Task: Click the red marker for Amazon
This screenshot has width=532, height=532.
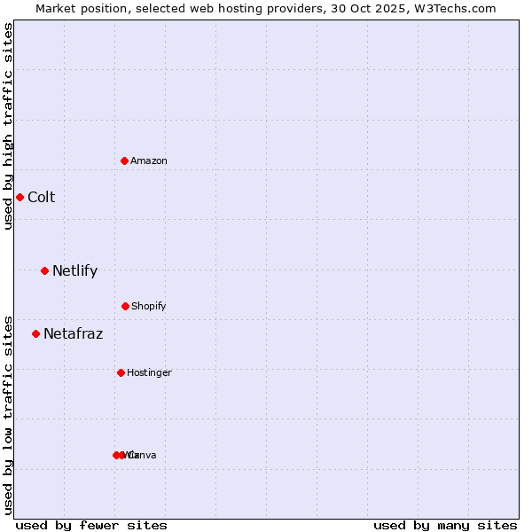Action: pyautogui.click(x=125, y=160)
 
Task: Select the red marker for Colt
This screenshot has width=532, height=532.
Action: pyautogui.click(x=20, y=197)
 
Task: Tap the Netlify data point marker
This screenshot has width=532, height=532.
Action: pyautogui.click(x=44, y=270)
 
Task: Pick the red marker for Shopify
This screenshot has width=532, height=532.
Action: pyautogui.click(x=125, y=306)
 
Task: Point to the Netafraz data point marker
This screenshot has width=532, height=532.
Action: pyautogui.click(x=35, y=333)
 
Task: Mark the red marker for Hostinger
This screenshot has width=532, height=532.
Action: pyautogui.click(x=121, y=372)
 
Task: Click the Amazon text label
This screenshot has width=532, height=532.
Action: pyautogui.click(x=149, y=160)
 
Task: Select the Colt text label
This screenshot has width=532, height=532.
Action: pyautogui.click(x=41, y=197)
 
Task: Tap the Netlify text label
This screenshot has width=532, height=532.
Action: pyautogui.click(x=74, y=270)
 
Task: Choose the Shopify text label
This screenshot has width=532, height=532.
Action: pyautogui.click(x=149, y=306)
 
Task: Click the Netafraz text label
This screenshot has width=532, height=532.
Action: pyautogui.click(x=73, y=333)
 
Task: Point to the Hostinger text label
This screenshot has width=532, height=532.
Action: pyautogui.click(x=149, y=372)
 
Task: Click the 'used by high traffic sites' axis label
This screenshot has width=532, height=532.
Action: pyautogui.click(x=9, y=126)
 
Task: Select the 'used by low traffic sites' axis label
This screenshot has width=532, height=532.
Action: pyautogui.click(x=9, y=415)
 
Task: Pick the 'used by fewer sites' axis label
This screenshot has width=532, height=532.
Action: pyautogui.click(x=91, y=525)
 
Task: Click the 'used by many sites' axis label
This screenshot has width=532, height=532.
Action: pyautogui.click(x=445, y=525)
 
